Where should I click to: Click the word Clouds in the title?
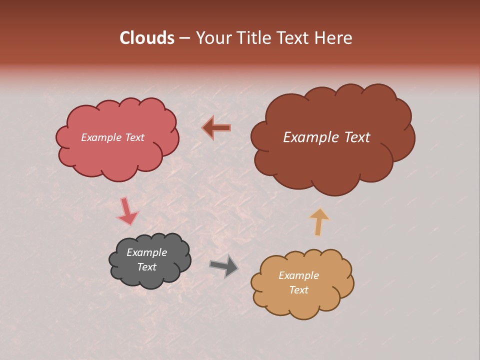pos(147,38)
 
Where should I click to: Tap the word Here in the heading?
pos(334,38)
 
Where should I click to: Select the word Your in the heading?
pos(214,38)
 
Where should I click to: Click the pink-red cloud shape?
pos(117,155)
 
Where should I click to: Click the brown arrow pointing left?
pos(216,128)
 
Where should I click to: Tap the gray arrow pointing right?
pos(223,265)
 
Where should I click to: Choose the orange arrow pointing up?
pos(319,221)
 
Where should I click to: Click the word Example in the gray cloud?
pos(146,252)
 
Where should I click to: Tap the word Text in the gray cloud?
pos(146,267)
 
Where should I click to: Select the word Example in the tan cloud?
pos(298,275)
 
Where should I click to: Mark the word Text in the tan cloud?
pos(298,290)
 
